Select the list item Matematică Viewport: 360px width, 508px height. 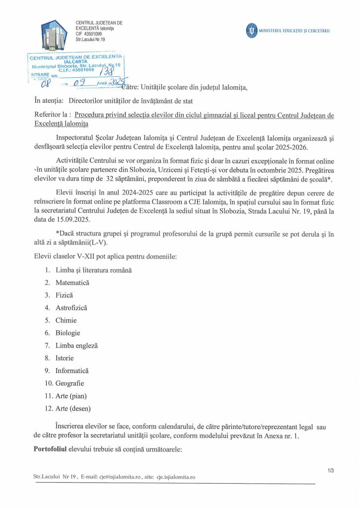[x=72, y=282]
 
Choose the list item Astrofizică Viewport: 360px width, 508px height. [x=72, y=308]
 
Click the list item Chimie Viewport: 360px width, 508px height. [x=66, y=320]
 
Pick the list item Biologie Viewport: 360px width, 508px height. [x=68, y=333]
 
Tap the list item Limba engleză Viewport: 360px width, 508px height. [x=76, y=345]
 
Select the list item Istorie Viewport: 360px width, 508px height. [x=65, y=358]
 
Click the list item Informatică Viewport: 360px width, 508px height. [x=72, y=371]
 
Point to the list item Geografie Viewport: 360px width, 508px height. [x=70, y=383]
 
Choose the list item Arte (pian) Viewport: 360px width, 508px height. [x=71, y=396]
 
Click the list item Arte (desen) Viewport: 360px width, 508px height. [x=73, y=408]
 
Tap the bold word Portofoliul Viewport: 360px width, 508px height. [x=54, y=449]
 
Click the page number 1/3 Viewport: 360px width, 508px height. [x=331, y=470]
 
